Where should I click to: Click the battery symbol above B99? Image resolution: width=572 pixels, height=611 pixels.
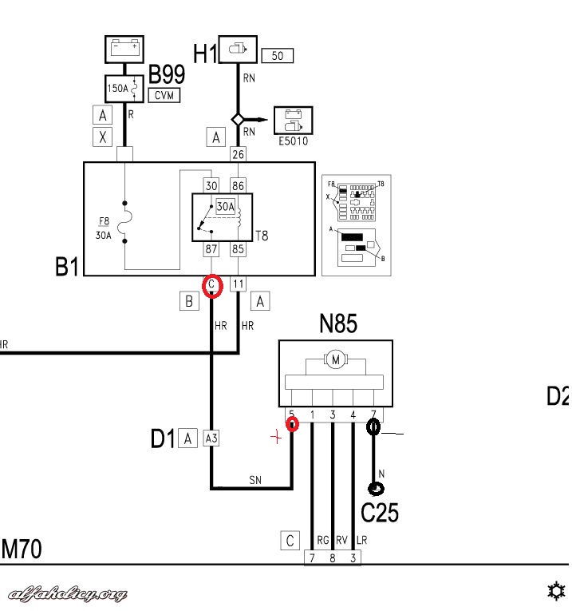point(125,49)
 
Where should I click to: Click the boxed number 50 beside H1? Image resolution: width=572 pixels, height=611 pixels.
point(278,56)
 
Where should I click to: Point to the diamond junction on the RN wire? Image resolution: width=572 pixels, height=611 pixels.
point(238,119)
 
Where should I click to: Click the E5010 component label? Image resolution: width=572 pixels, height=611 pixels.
point(293,142)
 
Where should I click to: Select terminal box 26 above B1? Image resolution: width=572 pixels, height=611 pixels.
point(238,154)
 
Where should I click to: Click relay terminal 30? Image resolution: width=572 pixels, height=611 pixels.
point(211,185)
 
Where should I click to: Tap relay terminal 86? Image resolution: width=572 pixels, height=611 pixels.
point(238,185)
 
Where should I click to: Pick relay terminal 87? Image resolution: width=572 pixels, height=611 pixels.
point(211,249)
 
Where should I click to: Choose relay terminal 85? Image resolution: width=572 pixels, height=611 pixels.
point(238,249)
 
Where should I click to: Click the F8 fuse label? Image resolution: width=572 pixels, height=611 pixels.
point(104,221)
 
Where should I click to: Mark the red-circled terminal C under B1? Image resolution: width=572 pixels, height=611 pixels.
point(211,285)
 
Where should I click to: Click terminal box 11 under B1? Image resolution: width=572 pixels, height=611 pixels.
point(238,284)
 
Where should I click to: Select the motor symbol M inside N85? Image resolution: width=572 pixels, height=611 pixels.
point(335,361)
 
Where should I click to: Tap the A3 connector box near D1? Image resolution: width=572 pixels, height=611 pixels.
point(211,438)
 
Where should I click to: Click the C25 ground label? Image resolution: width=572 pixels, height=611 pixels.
point(380,512)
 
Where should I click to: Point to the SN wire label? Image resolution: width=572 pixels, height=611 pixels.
point(254,480)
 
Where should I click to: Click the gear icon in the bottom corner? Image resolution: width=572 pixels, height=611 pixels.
point(555,591)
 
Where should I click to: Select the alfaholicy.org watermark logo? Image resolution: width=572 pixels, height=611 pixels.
point(67,593)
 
